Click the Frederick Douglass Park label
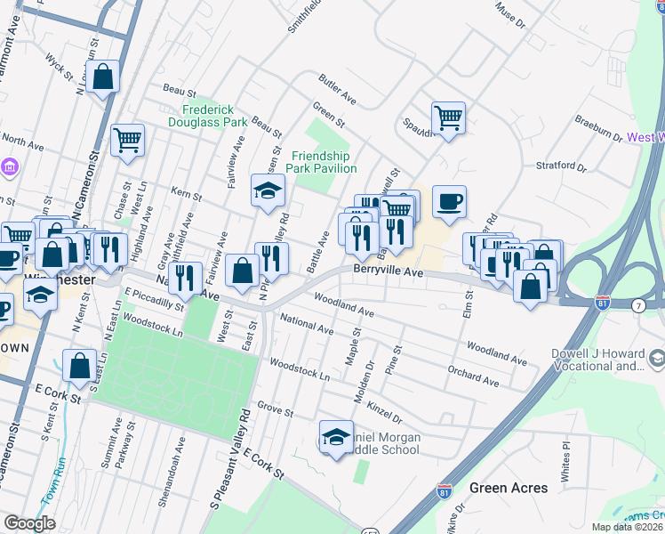(x=209, y=115)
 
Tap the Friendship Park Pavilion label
(x=324, y=162)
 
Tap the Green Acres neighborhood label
(x=508, y=488)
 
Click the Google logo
(x=29, y=523)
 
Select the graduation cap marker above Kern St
(x=268, y=190)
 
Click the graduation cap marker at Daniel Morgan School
(x=335, y=437)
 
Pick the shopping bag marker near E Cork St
(x=79, y=366)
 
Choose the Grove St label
(x=275, y=411)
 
